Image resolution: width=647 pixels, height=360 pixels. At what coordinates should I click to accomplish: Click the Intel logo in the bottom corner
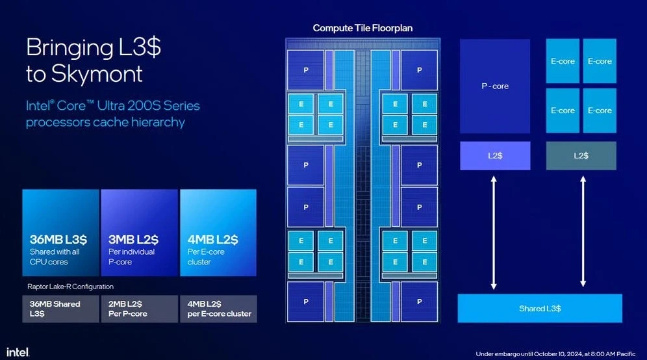click(x=18, y=352)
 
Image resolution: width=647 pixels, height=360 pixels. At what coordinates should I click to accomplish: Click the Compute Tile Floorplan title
click(x=362, y=28)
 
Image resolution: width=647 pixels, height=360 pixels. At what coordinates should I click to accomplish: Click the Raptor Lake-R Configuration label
click(x=70, y=287)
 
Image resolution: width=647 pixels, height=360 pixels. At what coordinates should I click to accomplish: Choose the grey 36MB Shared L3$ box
click(x=60, y=309)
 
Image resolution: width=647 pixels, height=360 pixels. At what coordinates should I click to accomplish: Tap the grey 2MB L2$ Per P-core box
click(x=139, y=309)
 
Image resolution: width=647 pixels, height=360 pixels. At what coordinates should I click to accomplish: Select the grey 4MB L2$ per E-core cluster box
click(x=218, y=309)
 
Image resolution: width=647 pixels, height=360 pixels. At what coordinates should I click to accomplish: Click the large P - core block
click(x=495, y=86)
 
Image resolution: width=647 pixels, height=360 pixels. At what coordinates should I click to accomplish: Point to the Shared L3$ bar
click(x=540, y=308)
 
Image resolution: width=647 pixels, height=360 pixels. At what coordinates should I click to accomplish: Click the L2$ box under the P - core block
click(x=495, y=156)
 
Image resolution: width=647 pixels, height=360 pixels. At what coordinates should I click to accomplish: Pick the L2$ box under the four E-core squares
click(x=581, y=156)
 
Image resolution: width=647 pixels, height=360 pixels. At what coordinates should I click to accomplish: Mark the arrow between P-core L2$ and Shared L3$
click(x=494, y=232)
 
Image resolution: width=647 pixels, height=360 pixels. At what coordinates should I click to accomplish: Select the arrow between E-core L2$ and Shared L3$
click(x=583, y=232)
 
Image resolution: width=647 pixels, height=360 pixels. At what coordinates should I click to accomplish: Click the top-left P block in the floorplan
click(x=305, y=70)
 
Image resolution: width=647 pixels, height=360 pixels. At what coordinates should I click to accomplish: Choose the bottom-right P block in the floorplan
click(x=420, y=302)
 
